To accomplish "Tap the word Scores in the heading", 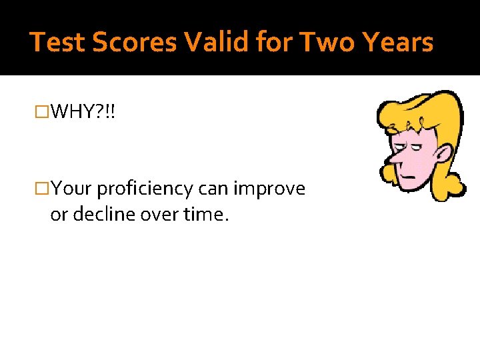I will tap(134, 43).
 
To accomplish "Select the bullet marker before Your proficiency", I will tap(43, 189).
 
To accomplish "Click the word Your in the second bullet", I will tap(72, 189).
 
